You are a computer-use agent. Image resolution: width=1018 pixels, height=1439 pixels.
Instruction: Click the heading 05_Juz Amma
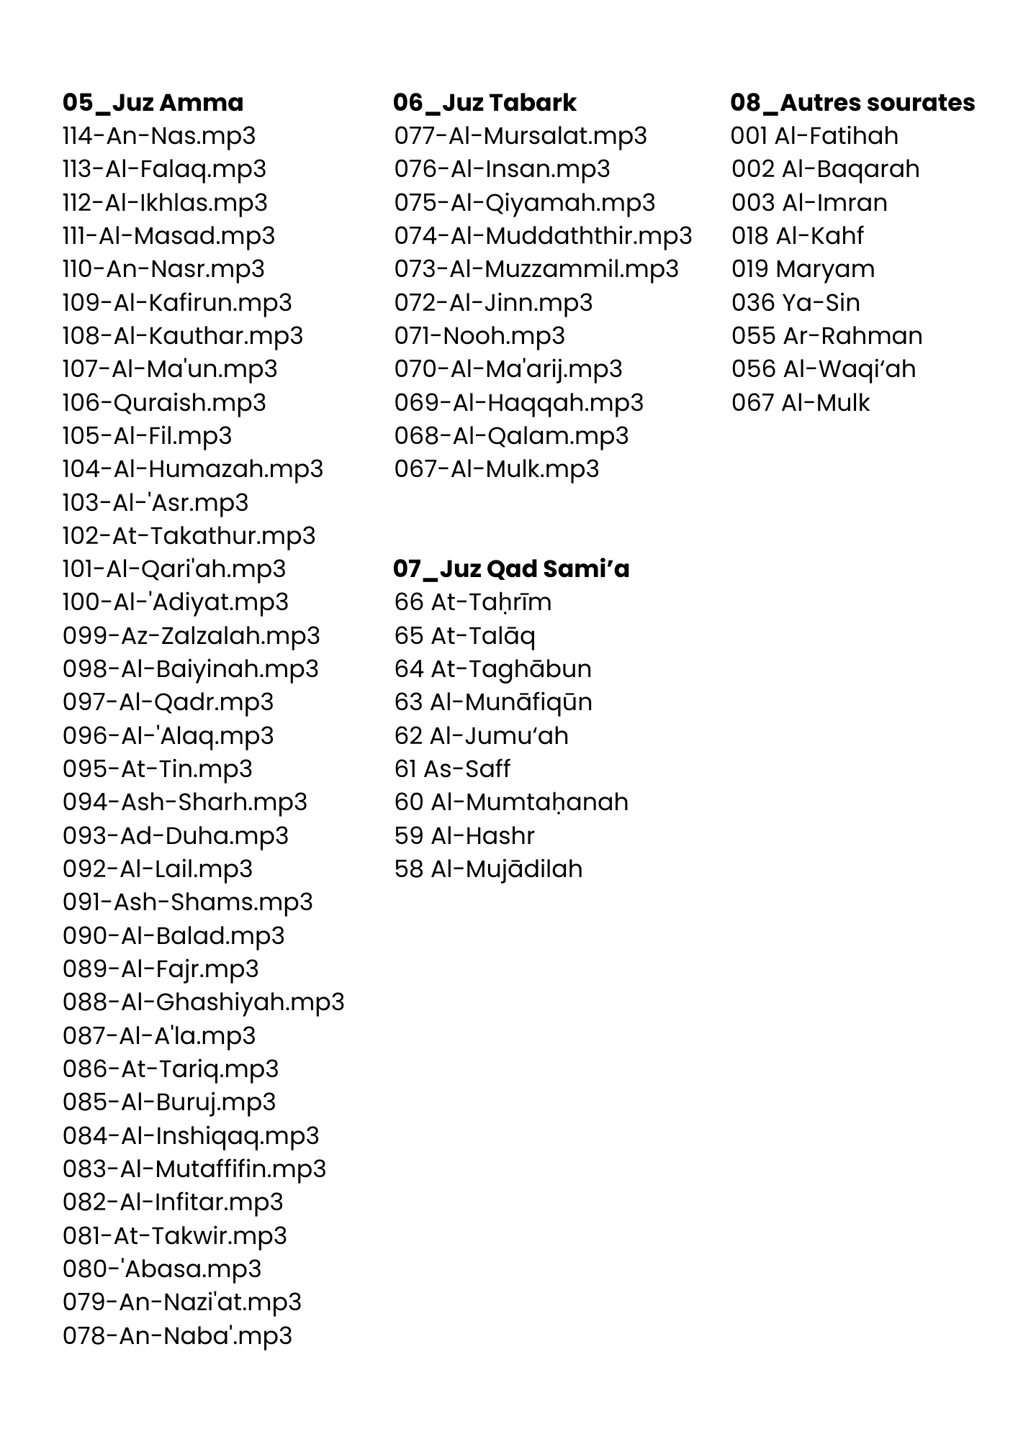coord(153,102)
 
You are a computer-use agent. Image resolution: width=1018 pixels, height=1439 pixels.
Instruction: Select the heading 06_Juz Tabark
coord(485,102)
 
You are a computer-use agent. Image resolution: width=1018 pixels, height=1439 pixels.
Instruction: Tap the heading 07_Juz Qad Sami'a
coord(511,568)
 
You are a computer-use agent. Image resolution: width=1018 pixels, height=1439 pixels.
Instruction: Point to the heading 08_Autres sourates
coord(852,102)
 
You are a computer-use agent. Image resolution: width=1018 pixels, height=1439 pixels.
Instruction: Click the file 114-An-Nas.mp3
coord(159,135)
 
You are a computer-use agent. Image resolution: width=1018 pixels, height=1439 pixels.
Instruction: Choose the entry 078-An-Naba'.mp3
coord(177,1335)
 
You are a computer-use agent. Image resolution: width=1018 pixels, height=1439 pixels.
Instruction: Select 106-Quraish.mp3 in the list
coord(164,402)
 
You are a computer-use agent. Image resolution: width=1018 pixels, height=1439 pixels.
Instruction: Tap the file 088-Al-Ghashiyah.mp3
coord(203,1002)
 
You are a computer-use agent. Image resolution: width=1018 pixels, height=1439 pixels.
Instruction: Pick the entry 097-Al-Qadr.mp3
coord(168,702)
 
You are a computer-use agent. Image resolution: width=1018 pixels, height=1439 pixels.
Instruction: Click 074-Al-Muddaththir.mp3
coord(543,235)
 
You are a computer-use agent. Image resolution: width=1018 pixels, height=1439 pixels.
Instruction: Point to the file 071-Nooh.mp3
coord(479,335)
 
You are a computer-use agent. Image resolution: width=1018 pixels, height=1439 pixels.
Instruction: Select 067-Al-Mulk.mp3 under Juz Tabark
coord(497,468)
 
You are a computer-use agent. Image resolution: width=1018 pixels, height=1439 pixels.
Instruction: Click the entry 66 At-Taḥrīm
coord(473,602)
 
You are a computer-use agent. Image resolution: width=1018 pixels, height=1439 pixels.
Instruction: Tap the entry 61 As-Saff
coord(452,768)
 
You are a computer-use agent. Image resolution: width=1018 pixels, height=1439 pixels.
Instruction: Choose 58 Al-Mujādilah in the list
coord(488,868)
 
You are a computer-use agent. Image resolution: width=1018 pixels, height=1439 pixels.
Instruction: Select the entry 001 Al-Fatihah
coord(814,135)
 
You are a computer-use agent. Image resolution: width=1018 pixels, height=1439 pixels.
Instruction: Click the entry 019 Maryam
coord(803,268)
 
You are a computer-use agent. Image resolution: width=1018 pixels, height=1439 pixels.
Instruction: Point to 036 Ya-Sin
coord(796,302)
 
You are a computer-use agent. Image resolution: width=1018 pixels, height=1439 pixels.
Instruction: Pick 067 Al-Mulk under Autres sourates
coord(801,402)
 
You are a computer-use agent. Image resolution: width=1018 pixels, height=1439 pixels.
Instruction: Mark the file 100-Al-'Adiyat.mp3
coord(176,602)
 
